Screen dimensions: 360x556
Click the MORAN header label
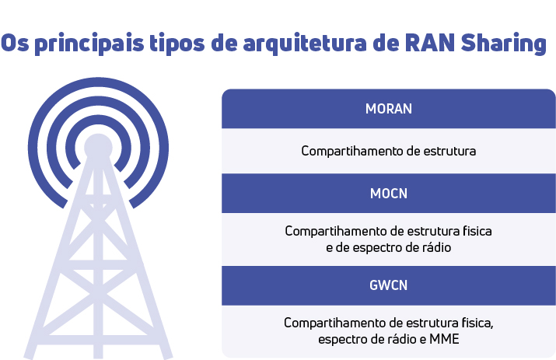click(388, 109)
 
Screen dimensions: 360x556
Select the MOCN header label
click(388, 194)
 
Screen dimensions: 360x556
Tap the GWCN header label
click(388, 285)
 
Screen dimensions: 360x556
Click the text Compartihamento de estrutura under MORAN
click(388, 150)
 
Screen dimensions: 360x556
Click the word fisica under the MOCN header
click(476, 232)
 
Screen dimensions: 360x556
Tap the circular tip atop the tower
click(98, 147)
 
